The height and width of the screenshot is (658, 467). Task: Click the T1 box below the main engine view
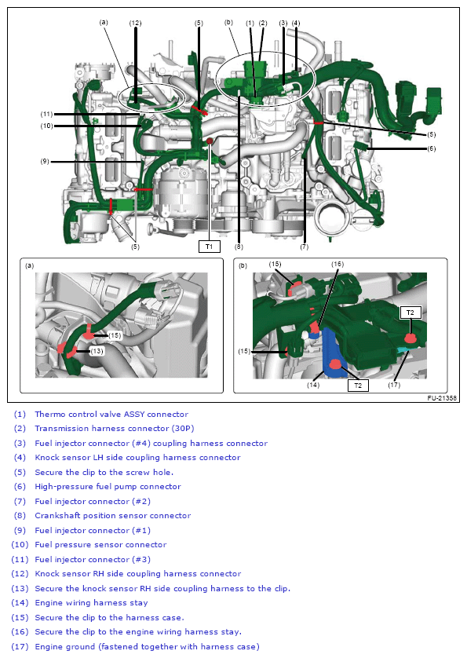[209, 247]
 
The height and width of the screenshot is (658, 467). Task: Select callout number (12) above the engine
[135, 23]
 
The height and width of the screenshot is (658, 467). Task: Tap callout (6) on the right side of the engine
[431, 149]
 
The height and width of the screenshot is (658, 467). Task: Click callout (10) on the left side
[46, 126]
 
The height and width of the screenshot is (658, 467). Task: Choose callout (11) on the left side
[46, 114]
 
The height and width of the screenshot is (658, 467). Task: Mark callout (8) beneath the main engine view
[238, 247]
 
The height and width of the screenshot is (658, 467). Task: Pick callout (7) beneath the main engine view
[304, 247]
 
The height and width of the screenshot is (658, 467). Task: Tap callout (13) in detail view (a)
[96, 351]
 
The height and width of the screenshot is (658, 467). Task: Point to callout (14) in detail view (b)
[314, 385]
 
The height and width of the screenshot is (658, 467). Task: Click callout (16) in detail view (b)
[337, 265]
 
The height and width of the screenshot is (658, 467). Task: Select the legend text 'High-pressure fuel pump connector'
[108, 487]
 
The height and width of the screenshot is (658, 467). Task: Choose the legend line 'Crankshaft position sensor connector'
[112, 516]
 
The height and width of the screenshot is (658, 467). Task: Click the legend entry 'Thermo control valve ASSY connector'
[111, 414]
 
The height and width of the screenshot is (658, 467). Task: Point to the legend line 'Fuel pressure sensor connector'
[100, 545]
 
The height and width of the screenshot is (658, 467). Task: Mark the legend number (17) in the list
[20, 647]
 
